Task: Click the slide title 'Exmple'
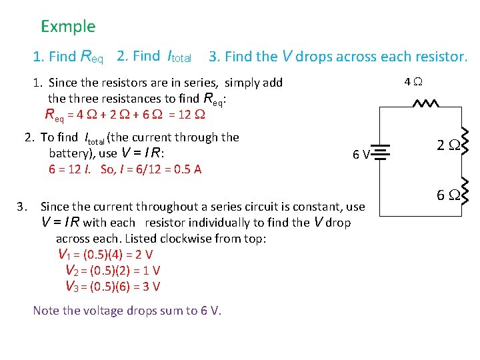point(68,27)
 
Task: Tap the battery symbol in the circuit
point(381,155)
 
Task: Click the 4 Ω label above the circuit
point(413,83)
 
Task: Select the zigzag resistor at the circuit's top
point(425,104)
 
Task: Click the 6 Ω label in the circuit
point(446,195)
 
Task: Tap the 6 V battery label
point(362,155)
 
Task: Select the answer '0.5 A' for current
point(187,169)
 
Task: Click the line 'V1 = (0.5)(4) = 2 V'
point(105,254)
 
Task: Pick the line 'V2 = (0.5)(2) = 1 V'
point(113,270)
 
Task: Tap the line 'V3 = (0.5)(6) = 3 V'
point(113,286)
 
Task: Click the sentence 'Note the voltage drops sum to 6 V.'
point(127,311)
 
